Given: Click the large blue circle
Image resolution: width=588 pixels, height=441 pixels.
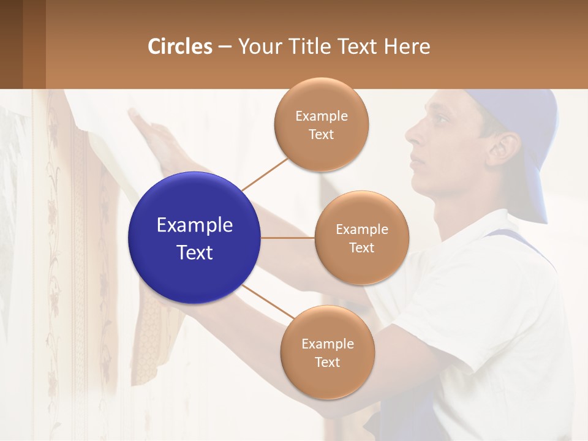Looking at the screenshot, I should point(195,238).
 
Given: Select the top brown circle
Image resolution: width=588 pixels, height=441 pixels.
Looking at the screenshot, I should point(321,124).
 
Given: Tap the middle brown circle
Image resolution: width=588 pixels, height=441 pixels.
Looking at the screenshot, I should point(361,238).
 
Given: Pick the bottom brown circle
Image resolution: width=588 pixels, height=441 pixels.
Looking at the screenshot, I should point(327,352).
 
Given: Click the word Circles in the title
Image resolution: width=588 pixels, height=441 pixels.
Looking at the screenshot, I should point(180,47).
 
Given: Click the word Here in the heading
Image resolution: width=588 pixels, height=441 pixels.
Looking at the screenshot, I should point(407,47).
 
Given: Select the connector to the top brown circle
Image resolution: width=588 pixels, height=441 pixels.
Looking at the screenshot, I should point(265,174).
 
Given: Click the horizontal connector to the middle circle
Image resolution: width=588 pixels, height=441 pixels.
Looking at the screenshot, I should point(288,238).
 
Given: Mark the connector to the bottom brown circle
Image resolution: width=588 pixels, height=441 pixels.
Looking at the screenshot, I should point(268,301).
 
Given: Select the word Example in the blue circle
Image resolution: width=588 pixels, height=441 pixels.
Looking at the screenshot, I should point(195,225).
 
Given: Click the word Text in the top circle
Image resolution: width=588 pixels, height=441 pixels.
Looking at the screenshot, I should point(321,134).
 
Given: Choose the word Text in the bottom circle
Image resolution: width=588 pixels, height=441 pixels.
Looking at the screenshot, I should point(327,362).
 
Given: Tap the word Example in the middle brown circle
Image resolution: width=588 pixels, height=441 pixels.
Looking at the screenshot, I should point(361,229).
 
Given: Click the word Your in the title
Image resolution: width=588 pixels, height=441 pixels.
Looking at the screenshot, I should point(256,47).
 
